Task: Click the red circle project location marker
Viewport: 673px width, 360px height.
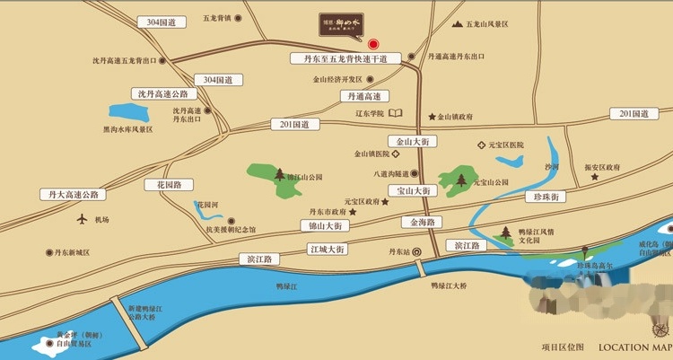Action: coord(373,42)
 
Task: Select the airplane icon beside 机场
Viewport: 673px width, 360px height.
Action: coord(82,219)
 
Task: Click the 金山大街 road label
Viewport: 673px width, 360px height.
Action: coord(414,142)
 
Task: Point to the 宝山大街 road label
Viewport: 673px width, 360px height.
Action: coord(414,190)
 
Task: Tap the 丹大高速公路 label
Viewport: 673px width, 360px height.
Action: coord(73,194)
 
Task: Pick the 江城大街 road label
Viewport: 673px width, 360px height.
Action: coord(327,249)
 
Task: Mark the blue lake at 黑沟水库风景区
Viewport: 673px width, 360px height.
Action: coord(132,113)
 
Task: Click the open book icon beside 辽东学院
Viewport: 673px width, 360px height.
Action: coord(396,113)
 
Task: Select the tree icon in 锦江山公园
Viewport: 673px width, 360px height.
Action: coord(280,175)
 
